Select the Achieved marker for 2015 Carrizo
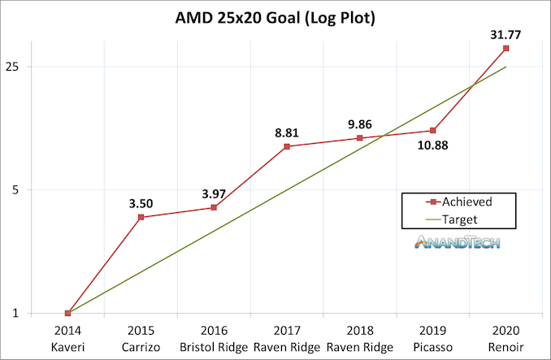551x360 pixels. (141, 217)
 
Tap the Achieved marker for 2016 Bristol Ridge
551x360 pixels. (214, 207)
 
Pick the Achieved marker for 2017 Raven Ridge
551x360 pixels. (287, 146)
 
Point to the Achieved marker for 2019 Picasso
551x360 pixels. (433, 130)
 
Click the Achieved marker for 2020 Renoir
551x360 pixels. (506, 49)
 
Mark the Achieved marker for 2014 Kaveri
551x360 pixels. (67, 313)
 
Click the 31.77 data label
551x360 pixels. (505, 34)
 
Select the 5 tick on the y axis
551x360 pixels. (19, 189)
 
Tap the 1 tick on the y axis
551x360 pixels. (19, 313)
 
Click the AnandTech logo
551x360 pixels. (457, 242)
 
